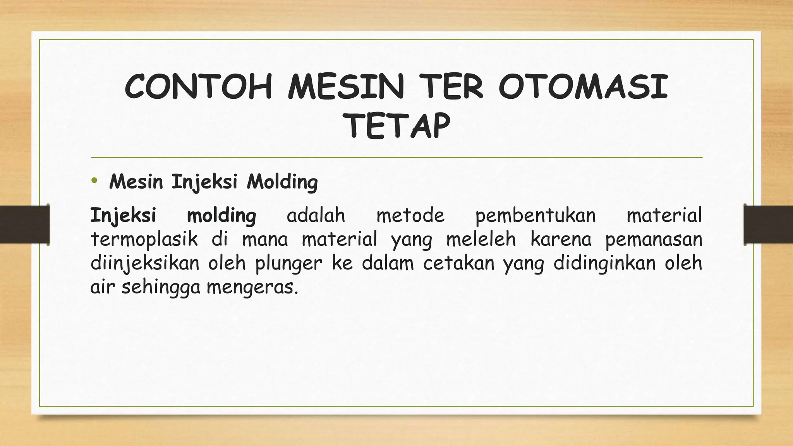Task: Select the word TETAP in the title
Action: pos(397,126)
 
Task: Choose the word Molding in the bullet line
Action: pos(282,182)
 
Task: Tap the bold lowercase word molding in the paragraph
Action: pos(221,216)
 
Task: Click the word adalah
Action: pos(316,215)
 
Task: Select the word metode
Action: pos(410,215)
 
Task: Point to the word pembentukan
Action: pos(536,216)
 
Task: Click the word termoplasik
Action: pos(144,240)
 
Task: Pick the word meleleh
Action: pos(481,239)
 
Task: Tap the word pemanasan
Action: pos(654,240)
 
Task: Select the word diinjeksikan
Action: pos(145,264)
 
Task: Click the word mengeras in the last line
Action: pos(252,288)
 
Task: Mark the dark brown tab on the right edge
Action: pos(768,225)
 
